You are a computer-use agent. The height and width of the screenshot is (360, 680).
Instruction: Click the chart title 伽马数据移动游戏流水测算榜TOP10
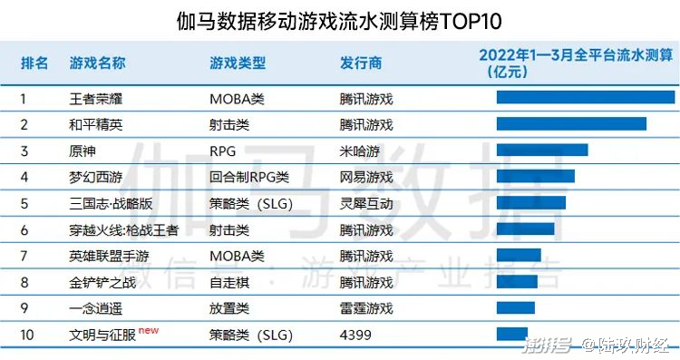(339, 20)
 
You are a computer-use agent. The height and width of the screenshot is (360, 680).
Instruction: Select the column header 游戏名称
(97, 63)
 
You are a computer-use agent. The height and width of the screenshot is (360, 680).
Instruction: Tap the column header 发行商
(361, 63)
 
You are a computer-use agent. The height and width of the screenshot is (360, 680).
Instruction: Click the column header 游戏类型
(238, 63)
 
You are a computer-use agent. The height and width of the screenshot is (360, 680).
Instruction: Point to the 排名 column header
(35, 63)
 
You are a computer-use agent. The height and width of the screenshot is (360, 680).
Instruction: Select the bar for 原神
(541, 151)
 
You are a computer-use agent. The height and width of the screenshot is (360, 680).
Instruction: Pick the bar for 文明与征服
(511, 335)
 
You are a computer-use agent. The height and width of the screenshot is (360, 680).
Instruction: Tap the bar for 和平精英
(571, 124)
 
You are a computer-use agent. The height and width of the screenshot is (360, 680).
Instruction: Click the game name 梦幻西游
(96, 177)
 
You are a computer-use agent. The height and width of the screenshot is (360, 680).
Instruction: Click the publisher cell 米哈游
(360, 151)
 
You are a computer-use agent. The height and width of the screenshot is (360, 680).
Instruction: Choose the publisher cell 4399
(355, 335)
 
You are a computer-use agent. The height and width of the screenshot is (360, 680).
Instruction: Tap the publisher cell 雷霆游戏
(366, 308)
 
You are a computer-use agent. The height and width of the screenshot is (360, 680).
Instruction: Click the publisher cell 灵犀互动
(366, 203)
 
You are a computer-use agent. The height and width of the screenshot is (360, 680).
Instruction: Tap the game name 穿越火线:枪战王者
(123, 229)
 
